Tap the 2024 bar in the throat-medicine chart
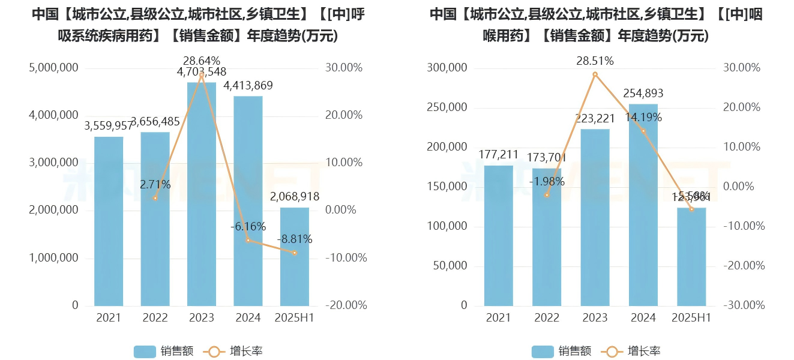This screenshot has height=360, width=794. point(643,205)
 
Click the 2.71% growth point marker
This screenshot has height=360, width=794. point(155,198)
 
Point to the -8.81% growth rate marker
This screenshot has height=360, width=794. point(295,253)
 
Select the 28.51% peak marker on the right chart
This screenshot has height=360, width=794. point(595,74)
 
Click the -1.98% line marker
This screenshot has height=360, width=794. point(547,195)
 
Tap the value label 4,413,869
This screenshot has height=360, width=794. point(248,86)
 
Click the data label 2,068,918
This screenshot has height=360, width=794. point(295,197)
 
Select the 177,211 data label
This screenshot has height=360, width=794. point(499,155)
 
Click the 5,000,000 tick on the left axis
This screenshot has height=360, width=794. point(53,68)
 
